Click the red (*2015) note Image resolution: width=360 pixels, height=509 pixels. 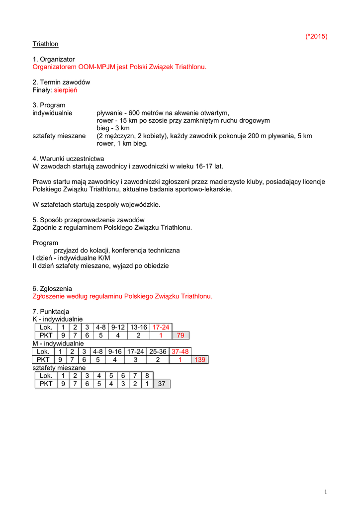316,36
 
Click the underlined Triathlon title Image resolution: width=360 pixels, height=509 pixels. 45,44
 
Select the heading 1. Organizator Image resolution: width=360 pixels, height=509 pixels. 54,59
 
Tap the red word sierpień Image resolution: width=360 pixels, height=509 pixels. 66,90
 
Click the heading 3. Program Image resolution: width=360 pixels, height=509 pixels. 49,105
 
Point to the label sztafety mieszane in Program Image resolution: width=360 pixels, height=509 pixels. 59,136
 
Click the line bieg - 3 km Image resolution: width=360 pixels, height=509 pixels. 113,128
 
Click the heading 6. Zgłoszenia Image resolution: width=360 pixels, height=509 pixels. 52,288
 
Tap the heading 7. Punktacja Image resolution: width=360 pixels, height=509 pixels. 51,312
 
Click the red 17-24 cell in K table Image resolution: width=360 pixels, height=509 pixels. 161,327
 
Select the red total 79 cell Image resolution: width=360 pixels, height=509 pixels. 180,335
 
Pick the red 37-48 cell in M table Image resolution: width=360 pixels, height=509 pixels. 180,351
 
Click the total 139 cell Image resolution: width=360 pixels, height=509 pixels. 200,359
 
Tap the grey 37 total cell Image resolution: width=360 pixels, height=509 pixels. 162,384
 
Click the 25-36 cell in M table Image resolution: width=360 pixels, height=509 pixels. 158,351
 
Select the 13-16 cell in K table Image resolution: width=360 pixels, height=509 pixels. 139,327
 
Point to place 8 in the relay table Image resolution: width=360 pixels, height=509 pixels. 147,376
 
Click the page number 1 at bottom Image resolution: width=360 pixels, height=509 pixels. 325,492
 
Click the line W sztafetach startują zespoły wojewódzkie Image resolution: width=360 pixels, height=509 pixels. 96,204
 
